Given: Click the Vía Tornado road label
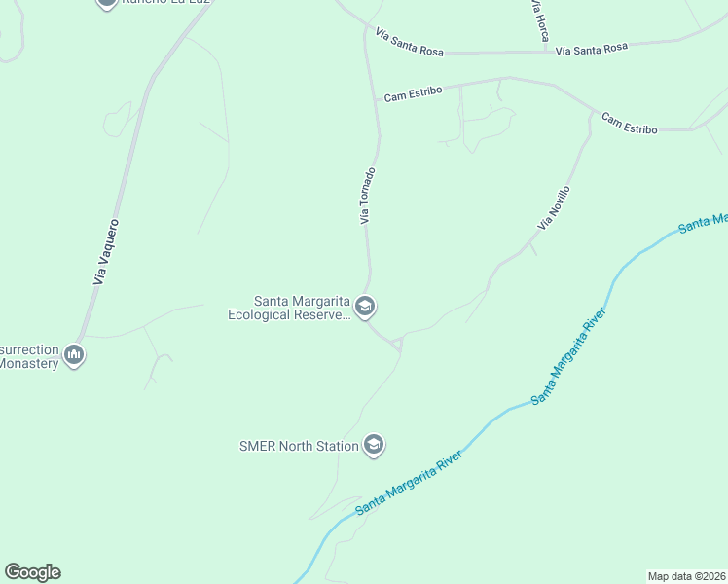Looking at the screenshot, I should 367,196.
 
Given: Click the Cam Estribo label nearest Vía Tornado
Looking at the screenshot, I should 413,93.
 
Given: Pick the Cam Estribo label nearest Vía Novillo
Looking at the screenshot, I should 629,124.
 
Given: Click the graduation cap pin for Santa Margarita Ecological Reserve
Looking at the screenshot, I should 365,308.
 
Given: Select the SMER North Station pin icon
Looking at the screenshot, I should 373,446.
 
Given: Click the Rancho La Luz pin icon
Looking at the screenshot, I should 107,3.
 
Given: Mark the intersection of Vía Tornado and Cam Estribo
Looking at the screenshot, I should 376,99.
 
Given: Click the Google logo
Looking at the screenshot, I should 32,572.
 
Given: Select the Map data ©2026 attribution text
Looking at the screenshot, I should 687,576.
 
